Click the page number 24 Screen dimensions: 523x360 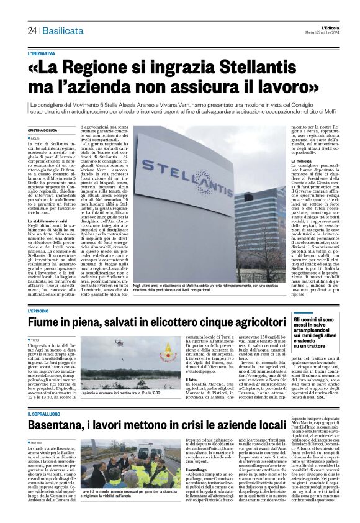32,30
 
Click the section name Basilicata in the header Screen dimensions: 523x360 61,30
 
